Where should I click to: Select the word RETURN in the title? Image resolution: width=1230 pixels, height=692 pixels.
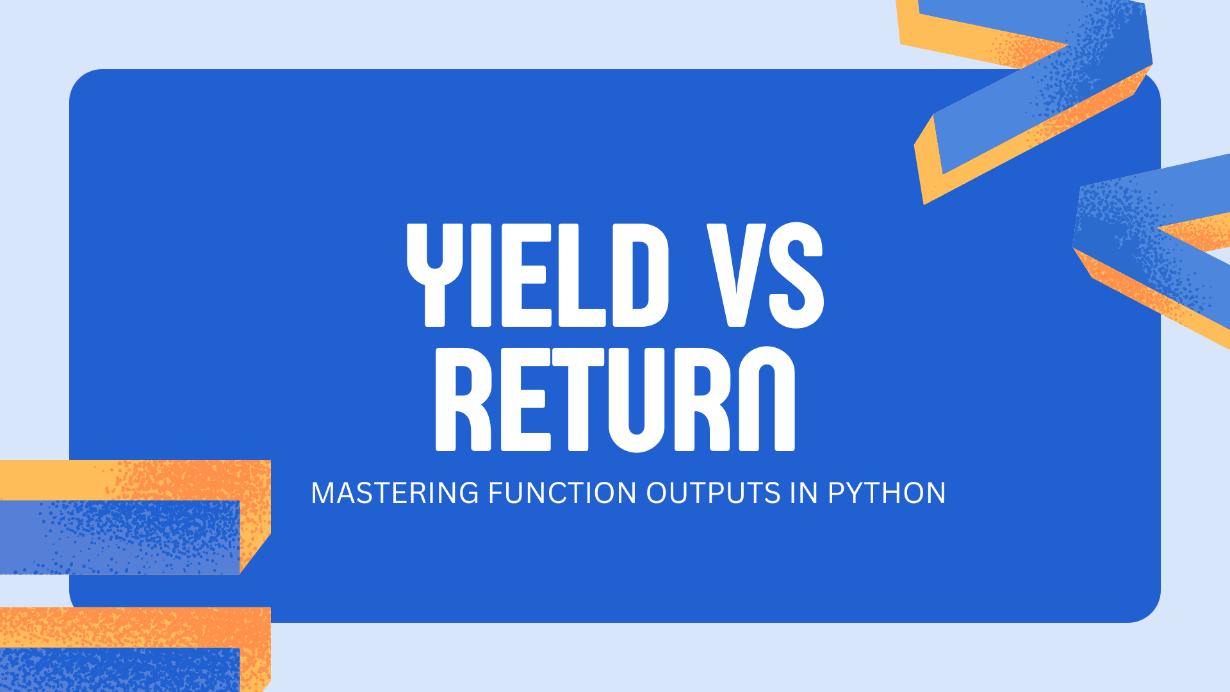pos(615,399)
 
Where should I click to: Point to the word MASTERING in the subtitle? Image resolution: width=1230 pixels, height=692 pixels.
pos(395,493)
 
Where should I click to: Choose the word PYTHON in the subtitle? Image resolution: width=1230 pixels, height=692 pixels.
pos(887,493)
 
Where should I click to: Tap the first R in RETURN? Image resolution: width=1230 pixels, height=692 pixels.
pos(463,399)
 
